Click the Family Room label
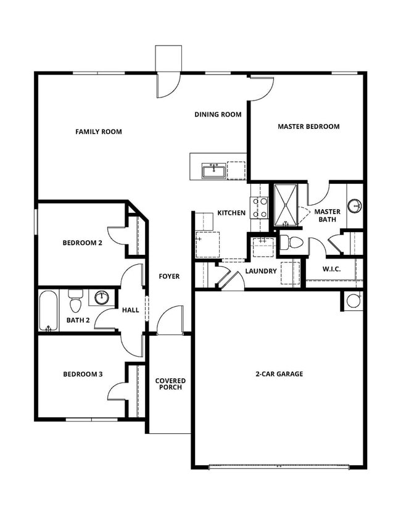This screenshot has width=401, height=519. pyautogui.click(x=98, y=131)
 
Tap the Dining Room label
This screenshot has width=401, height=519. pyautogui.click(x=218, y=114)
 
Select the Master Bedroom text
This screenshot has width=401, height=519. pyautogui.click(x=308, y=127)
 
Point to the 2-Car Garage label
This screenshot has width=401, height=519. pyautogui.click(x=279, y=373)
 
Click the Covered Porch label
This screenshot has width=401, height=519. pyautogui.click(x=170, y=384)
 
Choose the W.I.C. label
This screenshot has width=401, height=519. pyautogui.click(x=331, y=269)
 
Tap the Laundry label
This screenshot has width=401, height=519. pyautogui.click(x=260, y=271)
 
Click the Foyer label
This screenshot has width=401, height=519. pyautogui.click(x=169, y=276)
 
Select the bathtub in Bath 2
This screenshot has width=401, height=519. pyautogui.click(x=48, y=311)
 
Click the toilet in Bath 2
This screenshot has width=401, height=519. pyautogui.click(x=76, y=302)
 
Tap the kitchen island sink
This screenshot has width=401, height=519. pyautogui.click(x=213, y=169)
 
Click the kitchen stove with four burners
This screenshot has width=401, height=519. pyautogui.click(x=258, y=207)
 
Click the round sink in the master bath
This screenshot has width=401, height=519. pyautogui.click(x=355, y=206)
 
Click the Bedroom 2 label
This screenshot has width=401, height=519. pyautogui.click(x=82, y=243)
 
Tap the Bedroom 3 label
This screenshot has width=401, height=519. pyautogui.click(x=82, y=374)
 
